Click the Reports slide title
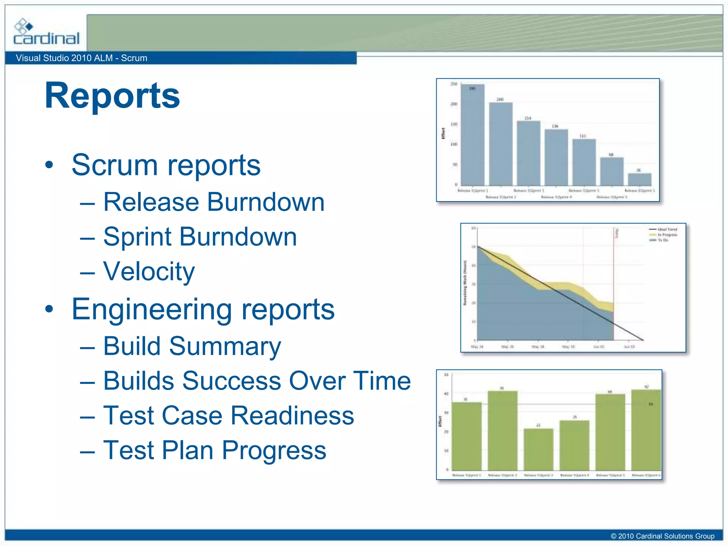(x=112, y=96)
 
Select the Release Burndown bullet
(x=214, y=202)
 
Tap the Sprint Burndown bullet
(x=200, y=237)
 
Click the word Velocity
(x=149, y=272)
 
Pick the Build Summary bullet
(x=192, y=346)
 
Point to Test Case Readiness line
(x=229, y=415)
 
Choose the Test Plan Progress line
(x=215, y=450)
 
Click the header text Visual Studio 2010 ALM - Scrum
(x=81, y=58)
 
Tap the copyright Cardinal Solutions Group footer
(x=662, y=536)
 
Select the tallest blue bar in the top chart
(x=472, y=135)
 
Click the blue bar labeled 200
(x=500, y=144)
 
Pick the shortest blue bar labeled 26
(x=639, y=179)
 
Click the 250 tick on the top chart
(x=454, y=84)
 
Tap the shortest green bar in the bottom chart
(x=538, y=449)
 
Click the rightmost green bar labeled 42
(x=646, y=430)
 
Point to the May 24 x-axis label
(x=477, y=347)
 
